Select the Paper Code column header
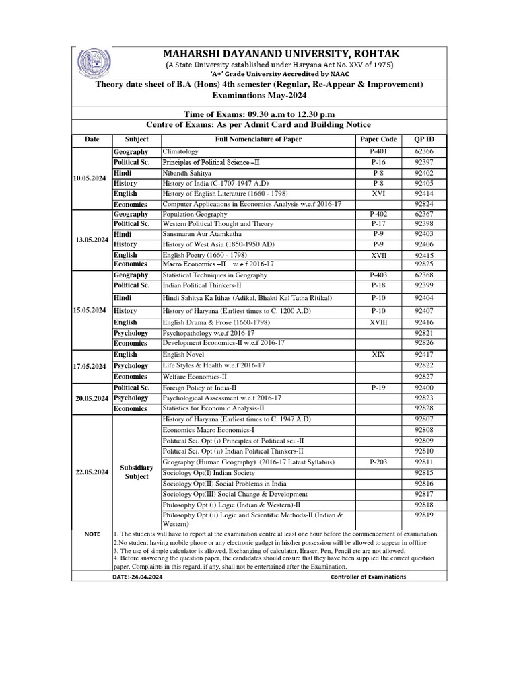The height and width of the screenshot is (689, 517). tap(379, 139)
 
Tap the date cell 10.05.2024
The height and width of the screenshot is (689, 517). tap(92, 178)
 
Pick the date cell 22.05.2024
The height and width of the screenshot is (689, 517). tap(92, 472)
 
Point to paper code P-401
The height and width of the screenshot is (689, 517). tap(379, 153)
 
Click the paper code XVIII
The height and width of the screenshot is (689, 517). tap(379, 322)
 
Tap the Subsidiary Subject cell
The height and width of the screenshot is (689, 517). tap(136, 472)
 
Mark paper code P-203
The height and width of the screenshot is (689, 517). tap(379, 462)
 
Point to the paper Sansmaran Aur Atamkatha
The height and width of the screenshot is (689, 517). tap(205, 233)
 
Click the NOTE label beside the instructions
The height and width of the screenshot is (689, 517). tap(92, 534)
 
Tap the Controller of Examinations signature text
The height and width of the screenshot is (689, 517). tap(368, 577)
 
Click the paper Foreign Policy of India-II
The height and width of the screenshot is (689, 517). tap(200, 388)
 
